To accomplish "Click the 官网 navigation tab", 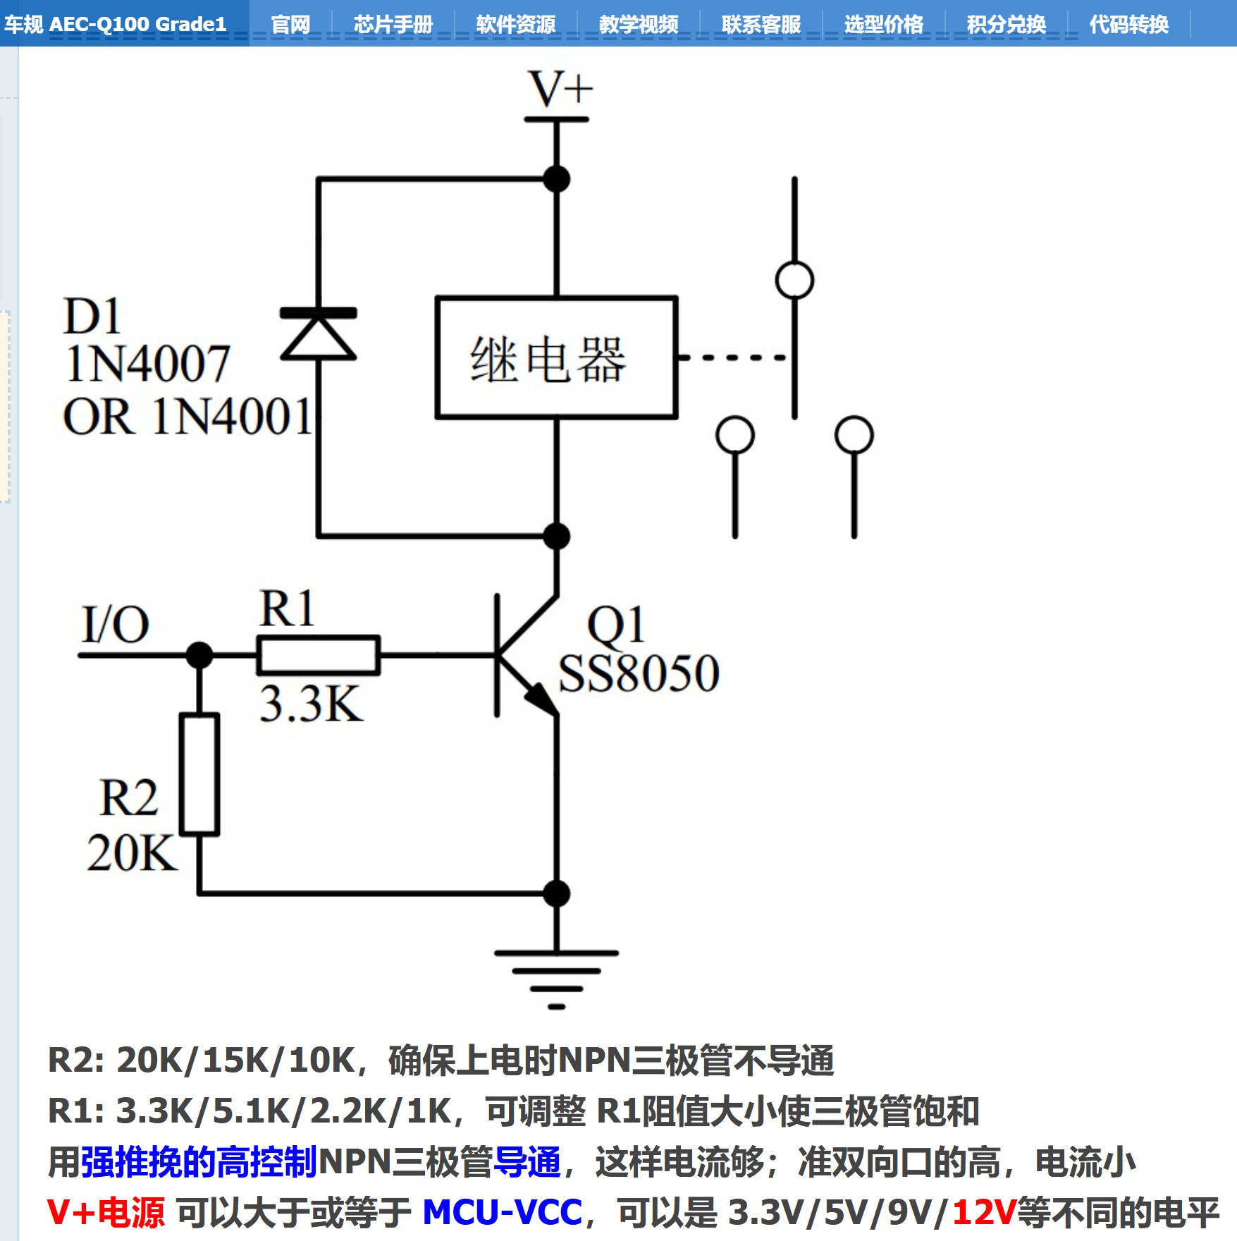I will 290,25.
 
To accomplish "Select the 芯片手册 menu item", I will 393,25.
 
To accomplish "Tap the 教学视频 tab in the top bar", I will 639,25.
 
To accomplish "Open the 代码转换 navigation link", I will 1128,25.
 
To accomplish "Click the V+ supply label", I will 560,90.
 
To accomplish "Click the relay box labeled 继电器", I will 556,357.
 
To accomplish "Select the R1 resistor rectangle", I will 319,655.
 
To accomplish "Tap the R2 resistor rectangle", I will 199,774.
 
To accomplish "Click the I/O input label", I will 115,625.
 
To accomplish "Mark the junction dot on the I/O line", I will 199,655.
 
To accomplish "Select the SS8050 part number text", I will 638,674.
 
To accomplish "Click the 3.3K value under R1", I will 311,704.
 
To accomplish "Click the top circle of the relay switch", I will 794,280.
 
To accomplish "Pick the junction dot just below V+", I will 557,179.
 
